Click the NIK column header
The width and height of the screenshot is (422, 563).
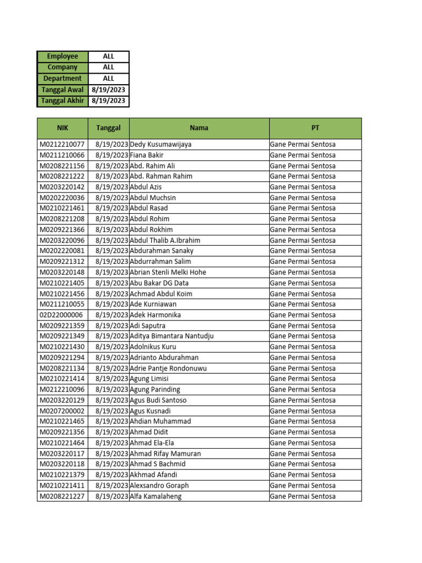click(x=62, y=128)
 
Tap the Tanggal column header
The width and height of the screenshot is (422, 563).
click(x=108, y=128)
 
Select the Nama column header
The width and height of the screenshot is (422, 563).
click(x=199, y=128)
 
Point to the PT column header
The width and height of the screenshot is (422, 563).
click(x=315, y=128)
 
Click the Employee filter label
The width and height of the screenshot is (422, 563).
click(x=63, y=57)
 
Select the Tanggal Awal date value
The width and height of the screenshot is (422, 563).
click(x=109, y=90)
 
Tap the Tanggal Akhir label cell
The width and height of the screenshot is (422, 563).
click(x=63, y=101)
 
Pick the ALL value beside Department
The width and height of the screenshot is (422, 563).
click(x=109, y=79)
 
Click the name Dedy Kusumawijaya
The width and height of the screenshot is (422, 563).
click(x=161, y=145)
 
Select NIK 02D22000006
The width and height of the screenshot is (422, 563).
click(x=61, y=315)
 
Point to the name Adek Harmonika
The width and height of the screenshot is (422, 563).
click(x=156, y=315)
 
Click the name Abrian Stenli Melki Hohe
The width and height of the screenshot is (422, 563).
click(x=168, y=272)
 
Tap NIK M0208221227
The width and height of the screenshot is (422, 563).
click(x=62, y=496)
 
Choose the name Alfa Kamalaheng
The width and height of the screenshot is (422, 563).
click(x=156, y=496)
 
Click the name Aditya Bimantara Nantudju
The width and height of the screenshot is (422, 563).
click(x=172, y=336)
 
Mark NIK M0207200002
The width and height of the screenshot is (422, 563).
click(x=62, y=411)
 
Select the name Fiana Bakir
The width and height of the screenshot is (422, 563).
click(x=147, y=155)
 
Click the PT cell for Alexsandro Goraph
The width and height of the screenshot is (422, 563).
click(x=303, y=485)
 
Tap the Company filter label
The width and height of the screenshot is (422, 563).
click(x=63, y=68)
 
